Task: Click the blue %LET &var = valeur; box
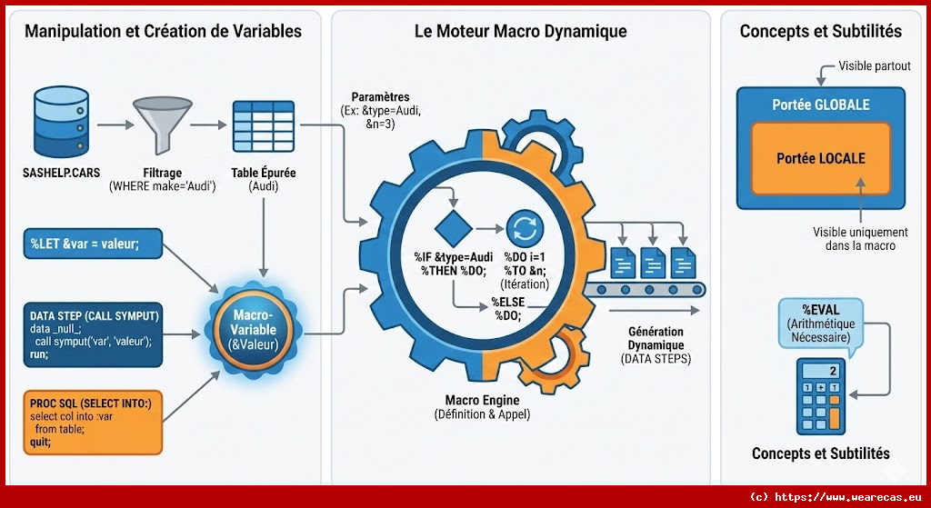[90, 244]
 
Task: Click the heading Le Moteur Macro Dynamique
[520, 32]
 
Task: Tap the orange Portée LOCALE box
[820, 158]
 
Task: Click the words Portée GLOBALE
[820, 105]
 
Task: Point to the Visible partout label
[874, 66]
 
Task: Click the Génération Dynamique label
[656, 344]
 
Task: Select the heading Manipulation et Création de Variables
[163, 32]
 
